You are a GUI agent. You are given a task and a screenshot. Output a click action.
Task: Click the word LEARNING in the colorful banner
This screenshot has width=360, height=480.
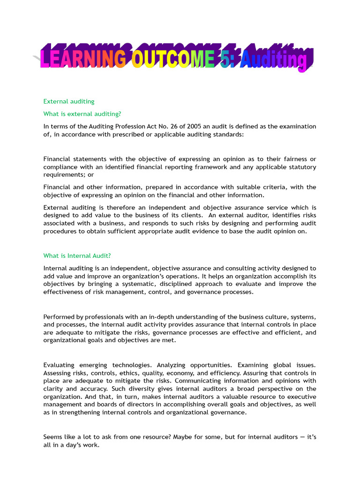tap(83, 60)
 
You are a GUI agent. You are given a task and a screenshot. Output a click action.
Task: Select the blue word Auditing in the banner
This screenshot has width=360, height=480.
tap(274, 60)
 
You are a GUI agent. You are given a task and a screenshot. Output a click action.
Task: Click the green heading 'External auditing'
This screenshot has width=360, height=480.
tap(69, 101)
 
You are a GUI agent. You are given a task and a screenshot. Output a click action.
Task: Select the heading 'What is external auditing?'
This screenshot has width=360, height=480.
tap(82, 114)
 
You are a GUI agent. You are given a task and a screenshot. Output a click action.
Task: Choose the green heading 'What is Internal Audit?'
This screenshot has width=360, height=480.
tap(77, 256)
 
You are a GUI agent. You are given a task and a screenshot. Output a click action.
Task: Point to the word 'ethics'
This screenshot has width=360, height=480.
tap(136, 373)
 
